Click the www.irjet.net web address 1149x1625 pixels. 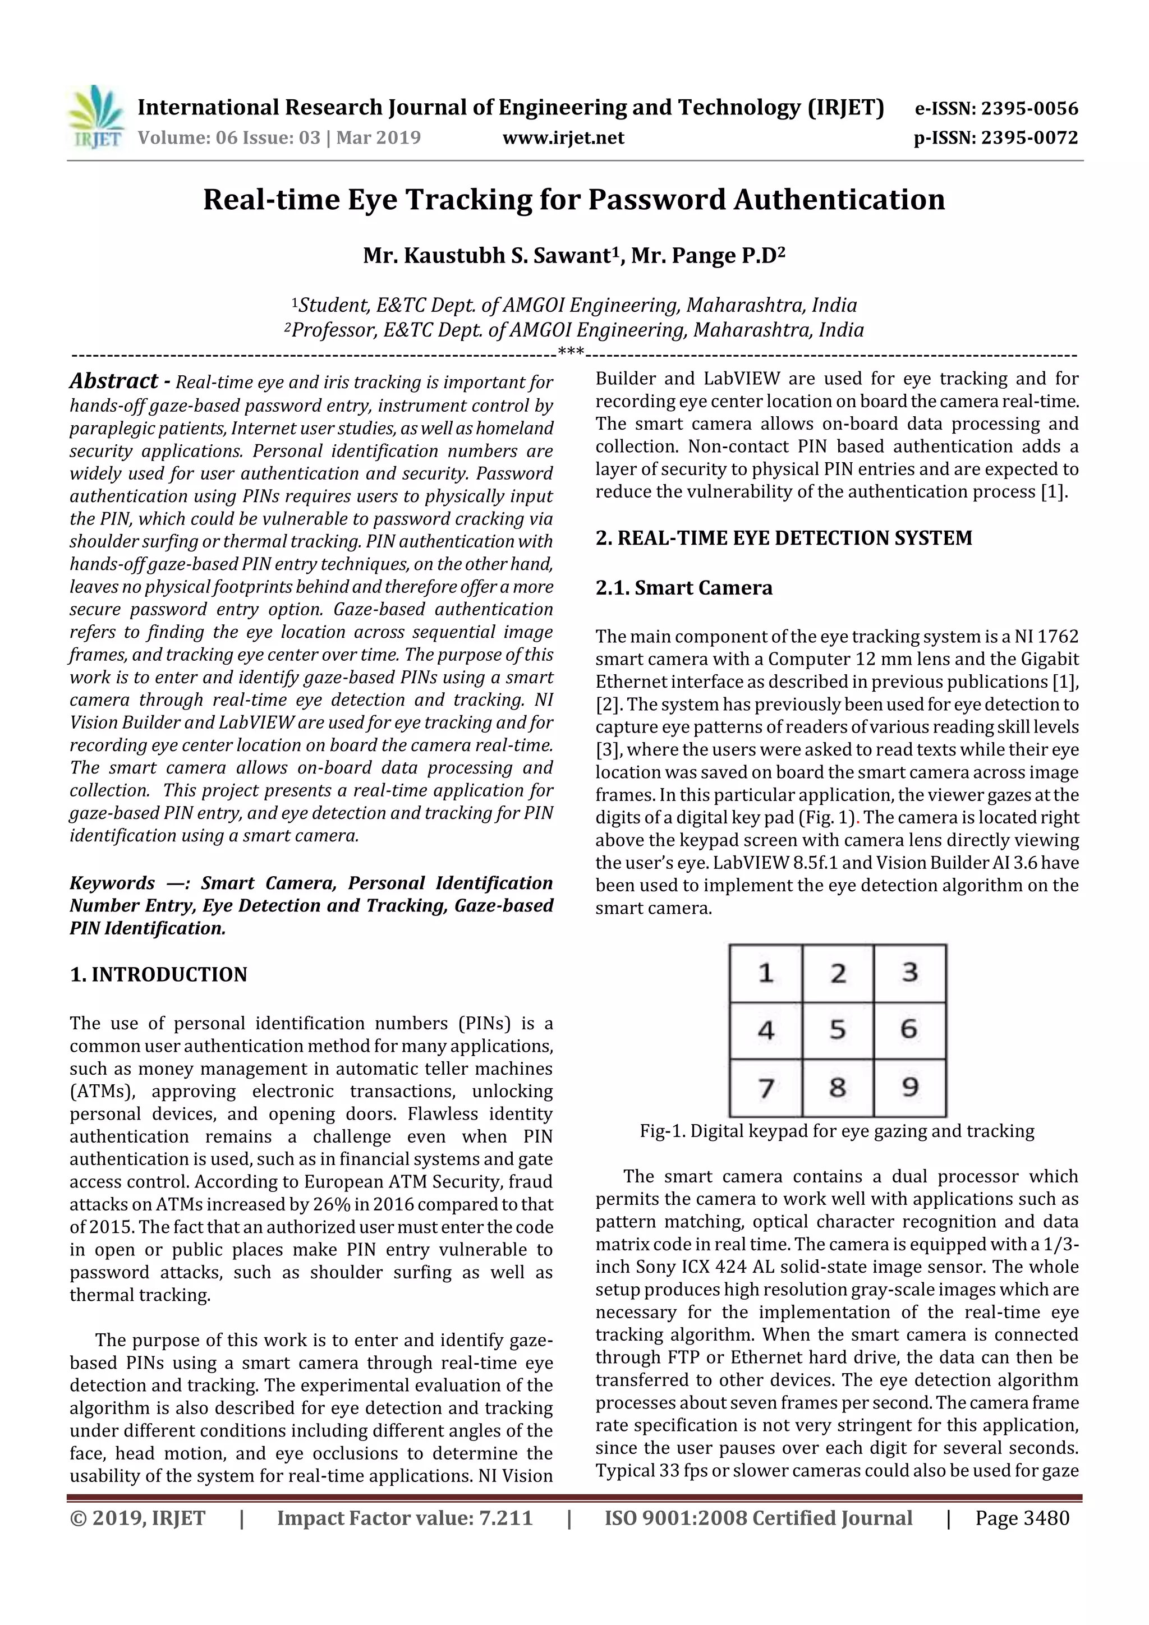[x=563, y=137]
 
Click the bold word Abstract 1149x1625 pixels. [x=113, y=381]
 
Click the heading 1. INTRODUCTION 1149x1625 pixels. [x=159, y=974]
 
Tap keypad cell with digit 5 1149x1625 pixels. [x=838, y=1030]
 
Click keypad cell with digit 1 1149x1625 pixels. [x=765, y=973]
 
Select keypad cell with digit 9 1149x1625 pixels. [x=909, y=1087]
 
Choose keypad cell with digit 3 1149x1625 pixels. [x=909, y=973]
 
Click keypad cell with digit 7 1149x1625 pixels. [x=765, y=1087]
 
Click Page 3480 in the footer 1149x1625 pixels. [x=1022, y=1518]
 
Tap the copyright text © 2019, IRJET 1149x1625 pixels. [x=137, y=1518]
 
